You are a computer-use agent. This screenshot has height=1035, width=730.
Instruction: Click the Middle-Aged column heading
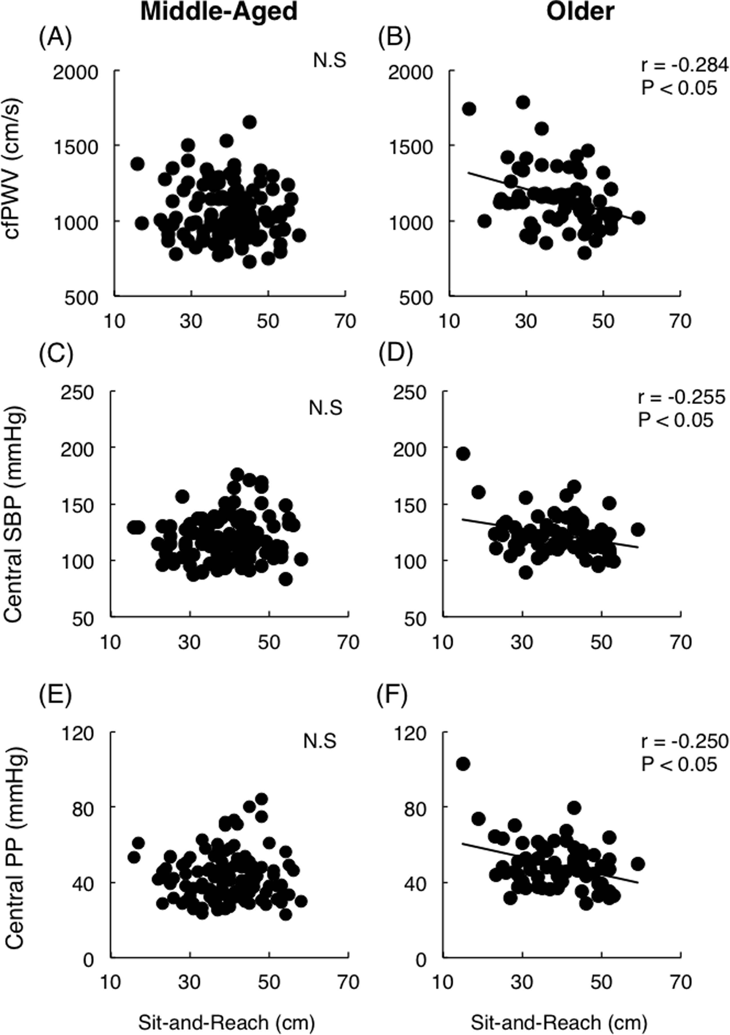point(219,12)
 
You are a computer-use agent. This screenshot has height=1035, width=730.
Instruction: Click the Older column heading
point(581,12)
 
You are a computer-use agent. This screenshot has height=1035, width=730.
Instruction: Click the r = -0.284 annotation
point(684,66)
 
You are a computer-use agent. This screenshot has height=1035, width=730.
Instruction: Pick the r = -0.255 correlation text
point(681,397)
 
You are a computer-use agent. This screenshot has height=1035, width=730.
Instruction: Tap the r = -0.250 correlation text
point(684,741)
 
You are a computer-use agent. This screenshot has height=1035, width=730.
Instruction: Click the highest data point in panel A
point(249,122)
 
